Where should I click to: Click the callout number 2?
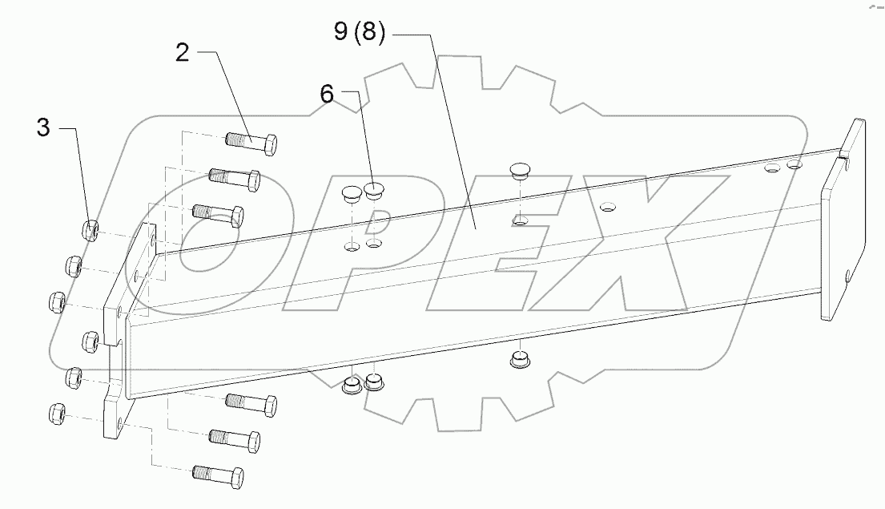pyautogui.click(x=183, y=54)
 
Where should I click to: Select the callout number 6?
pyautogui.click(x=327, y=95)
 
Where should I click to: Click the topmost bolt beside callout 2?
pyautogui.click(x=252, y=143)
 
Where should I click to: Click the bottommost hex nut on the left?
pyautogui.click(x=57, y=414)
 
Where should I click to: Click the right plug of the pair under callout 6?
pyautogui.click(x=375, y=191)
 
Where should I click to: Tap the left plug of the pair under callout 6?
pyautogui.click(x=353, y=192)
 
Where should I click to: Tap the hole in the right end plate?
pyautogui.click(x=847, y=278)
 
